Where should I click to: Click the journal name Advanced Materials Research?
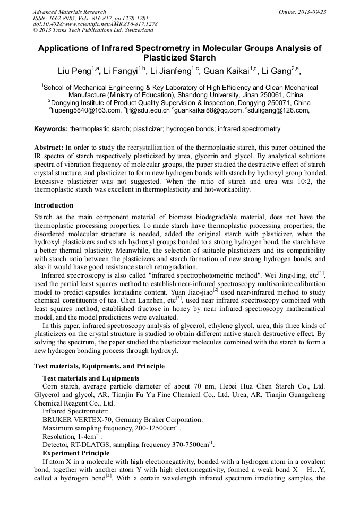coord(69,12)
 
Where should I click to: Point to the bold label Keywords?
coord(51,129)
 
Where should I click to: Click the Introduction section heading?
coord(54,205)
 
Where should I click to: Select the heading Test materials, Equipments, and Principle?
coord(99,366)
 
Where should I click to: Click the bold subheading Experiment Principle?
coord(76,453)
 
